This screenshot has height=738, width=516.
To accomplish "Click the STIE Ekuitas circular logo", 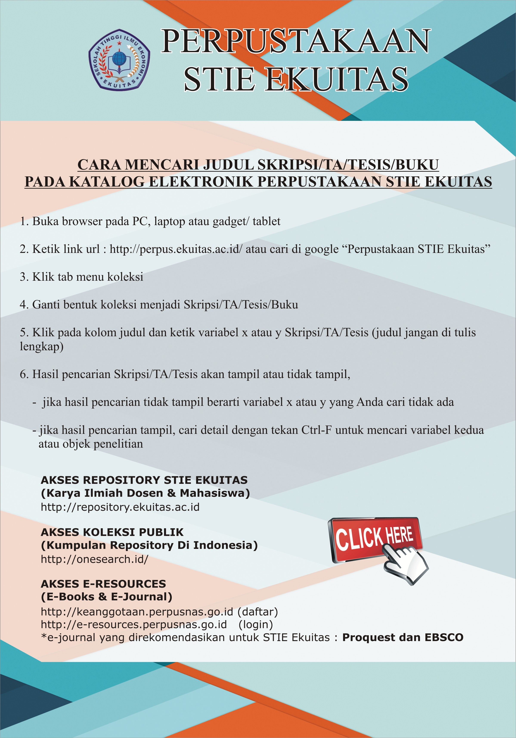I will pos(119,59).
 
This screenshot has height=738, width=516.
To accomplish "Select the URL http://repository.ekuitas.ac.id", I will pos(120,507).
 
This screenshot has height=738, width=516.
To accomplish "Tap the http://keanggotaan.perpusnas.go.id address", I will pos(137,612).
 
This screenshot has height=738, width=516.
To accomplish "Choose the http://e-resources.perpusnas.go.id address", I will pos(134,624).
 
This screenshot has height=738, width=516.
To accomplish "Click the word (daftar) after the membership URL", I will pos(258,612).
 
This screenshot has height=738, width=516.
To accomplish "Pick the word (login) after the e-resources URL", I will pos(256,624).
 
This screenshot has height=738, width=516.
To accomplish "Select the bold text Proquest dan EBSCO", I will pos(403,637).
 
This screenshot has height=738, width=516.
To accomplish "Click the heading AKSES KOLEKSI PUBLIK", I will pos(112,532).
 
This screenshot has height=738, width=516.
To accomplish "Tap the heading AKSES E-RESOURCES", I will pos(104,584).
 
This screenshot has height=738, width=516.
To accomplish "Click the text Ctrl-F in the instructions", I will pos(316,430).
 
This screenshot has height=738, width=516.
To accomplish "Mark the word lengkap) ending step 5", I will pos(42,347).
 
